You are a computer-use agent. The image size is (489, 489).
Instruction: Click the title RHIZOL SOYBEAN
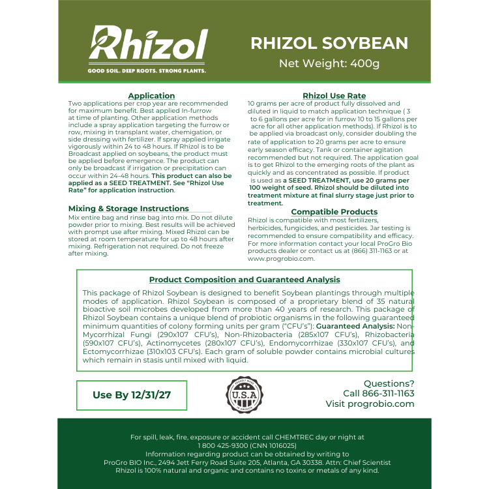(x=329, y=43)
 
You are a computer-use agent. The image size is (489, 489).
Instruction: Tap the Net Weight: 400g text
(x=329, y=64)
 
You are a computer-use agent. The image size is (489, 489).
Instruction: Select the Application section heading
(x=151, y=96)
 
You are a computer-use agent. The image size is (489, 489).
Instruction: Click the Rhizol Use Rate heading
(x=334, y=96)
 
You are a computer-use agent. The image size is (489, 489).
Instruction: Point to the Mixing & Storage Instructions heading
(x=119, y=209)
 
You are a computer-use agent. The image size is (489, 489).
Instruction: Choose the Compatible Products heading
(x=334, y=212)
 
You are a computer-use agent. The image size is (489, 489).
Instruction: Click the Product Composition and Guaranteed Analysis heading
(x=244, y=280)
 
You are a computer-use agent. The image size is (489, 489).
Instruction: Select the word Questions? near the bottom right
(x=389, y=383)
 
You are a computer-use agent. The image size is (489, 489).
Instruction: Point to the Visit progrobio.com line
(x=370, y=404)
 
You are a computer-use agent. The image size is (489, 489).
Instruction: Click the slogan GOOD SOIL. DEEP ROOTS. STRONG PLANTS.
(x=147, y=70)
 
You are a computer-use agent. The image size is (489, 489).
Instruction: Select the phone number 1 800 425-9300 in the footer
(x=221, y=445)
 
